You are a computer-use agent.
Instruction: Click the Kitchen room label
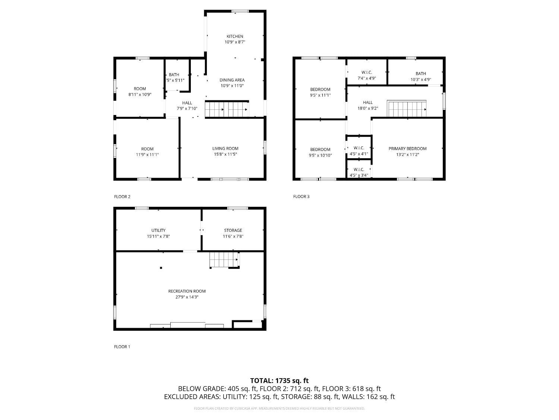coord(235,36)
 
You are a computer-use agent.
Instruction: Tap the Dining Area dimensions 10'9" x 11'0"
coord(232,86)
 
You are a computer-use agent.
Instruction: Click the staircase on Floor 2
coord(226,109)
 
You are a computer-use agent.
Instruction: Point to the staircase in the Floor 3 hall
coord(407,109)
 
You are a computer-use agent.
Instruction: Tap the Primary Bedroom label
coord(407,149)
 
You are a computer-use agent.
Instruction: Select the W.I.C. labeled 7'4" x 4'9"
coord(367,75)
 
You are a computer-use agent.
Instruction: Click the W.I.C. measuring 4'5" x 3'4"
coord(359,172)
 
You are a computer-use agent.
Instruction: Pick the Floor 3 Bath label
coord(421,74)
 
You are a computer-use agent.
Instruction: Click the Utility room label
coord(158,230)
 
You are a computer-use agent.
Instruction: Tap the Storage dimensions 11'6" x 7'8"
coord(233,236)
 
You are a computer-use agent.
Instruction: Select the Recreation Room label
coord(187,291)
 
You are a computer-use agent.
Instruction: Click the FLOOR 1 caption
coord(122,347)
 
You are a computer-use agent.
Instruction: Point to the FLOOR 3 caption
coord(301,197)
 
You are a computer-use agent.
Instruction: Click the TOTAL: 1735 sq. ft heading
coord(279,381)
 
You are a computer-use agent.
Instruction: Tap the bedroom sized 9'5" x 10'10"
coord(320,152)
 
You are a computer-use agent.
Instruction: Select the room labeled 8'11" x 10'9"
coord(140,91)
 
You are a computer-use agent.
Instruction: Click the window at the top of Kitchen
coord(240,11)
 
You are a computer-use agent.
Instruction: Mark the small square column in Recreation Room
coord(161,267)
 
